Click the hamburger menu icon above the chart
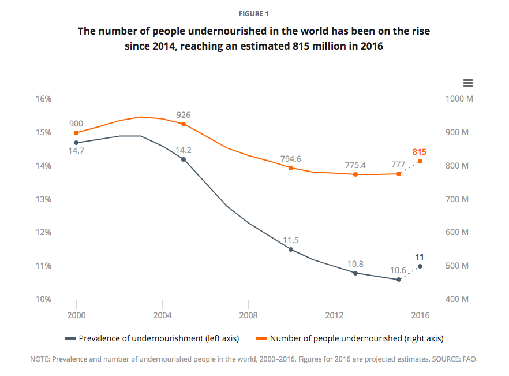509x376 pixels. tap(468, 83)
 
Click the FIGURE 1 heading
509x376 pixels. tap(254, 13)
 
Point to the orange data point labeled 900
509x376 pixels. tap(76, 133)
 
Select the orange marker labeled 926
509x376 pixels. tap(184, 124)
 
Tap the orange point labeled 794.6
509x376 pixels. tap(291, 168)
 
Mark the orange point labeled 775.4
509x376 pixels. tap(355, 174)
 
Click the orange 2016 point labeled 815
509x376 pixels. tap(420, 161)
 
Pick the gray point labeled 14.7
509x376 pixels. tap(76, 143)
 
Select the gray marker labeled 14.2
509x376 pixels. tap(184, 159)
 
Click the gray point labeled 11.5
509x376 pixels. tap(291, 250)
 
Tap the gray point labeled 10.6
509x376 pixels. tap(399, 280)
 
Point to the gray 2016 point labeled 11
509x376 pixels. tap(420, 266)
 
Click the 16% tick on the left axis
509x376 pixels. tap(44, 99)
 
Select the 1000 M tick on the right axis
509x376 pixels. tap(459, 99)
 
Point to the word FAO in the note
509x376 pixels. tap(470, 359)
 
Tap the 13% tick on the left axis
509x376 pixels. tap(44, 199)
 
